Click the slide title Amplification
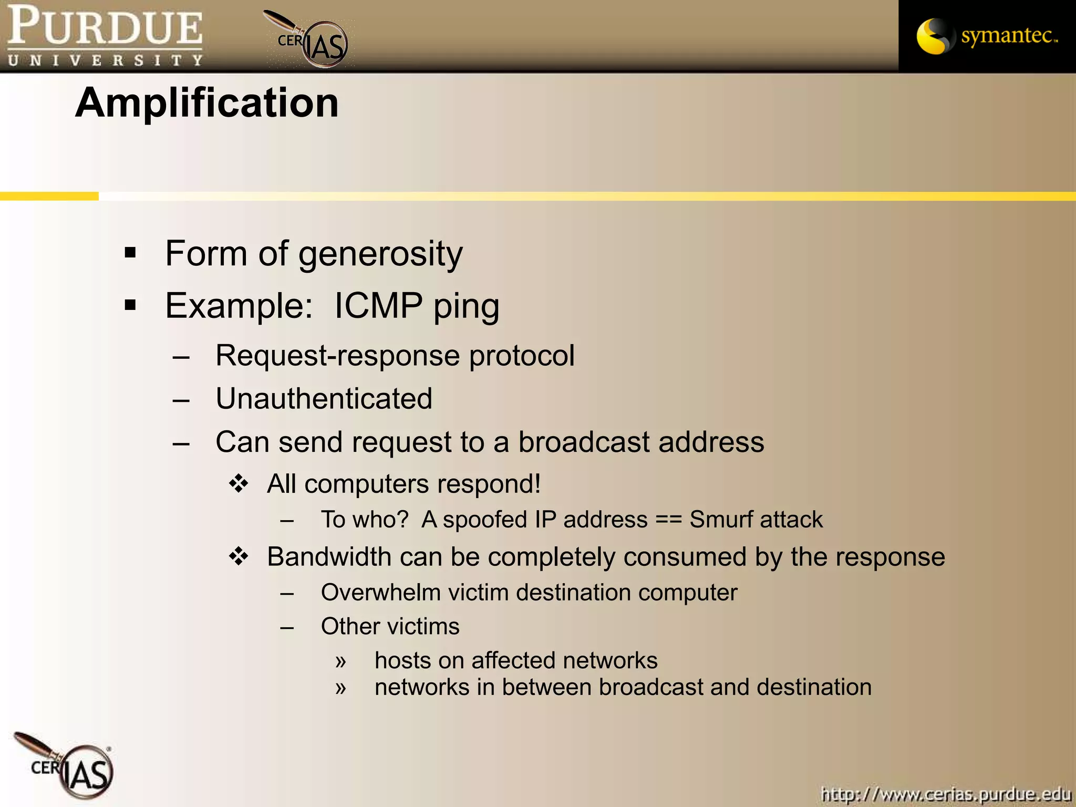(207, 103)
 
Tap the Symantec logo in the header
(987, 36)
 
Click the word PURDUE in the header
(105, 26)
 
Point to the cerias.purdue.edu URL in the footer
(946, 793)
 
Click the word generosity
(380, 254)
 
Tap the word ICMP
(378, 306)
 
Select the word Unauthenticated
(324, 399)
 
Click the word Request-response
(338, 356)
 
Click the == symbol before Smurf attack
(668, 520)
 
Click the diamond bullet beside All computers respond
(239, 483)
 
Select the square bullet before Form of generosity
(130, 253)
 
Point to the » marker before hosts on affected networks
(340, 661)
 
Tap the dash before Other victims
(287, 627)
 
